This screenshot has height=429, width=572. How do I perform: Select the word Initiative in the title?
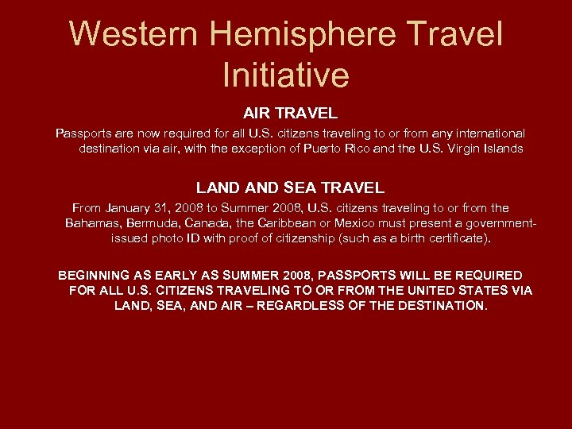tap(286, 75)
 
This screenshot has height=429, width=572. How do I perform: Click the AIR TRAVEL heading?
tap(290, 114)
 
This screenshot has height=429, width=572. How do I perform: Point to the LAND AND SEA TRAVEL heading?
tap(290, 188)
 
